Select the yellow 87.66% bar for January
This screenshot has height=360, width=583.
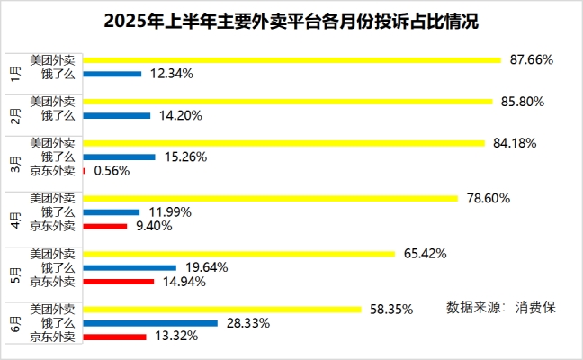click(x=291, y=60)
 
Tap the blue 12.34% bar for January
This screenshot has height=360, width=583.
click(x=112, y=74)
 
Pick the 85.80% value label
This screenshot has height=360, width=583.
click(x=521, y=102)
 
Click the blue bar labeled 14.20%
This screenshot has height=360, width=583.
click(x=116, y=115)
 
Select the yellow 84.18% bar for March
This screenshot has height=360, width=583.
click(x=285, y=142)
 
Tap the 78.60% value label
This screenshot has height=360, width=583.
click(x=488, y=198)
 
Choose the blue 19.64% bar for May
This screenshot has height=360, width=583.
click(x=130, y=267)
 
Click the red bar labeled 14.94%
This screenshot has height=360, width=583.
click(x=118, y=282)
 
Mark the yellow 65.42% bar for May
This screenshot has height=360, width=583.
click(x=238, y=254)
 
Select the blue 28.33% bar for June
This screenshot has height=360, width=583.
click(x=150, y=323)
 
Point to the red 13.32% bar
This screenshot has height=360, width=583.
click(x=114, y=337)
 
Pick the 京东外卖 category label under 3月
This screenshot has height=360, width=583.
click(x=53, y=170)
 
